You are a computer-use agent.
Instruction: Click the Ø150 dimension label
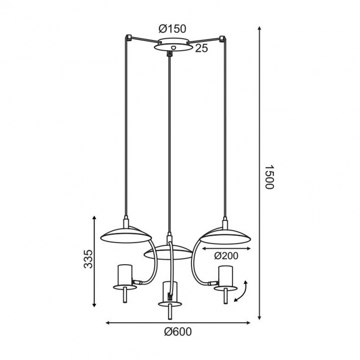(x=172, y=29)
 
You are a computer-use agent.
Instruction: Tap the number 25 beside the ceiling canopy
(x=201, y=48)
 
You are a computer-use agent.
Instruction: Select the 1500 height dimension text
(x=269, y=176)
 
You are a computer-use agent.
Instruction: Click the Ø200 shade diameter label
(x=226, y=256)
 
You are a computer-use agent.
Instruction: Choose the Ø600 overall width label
(x=178, y=332)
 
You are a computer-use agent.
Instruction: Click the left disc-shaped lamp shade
(x=126, y=235)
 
